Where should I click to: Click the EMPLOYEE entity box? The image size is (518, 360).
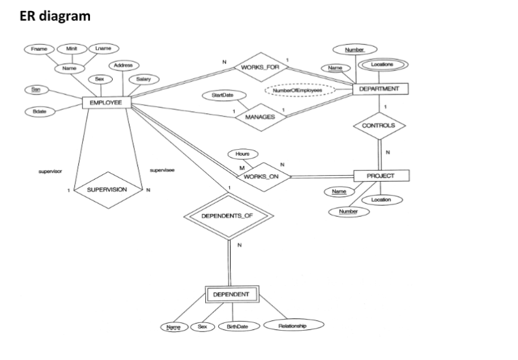(106, 102)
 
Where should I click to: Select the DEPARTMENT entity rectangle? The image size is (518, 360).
(380, 88)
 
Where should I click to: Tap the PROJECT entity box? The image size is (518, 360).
(381, 176)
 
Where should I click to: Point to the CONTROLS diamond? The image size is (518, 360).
(379, 125)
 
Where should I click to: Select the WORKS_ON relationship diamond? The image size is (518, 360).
(260, 176)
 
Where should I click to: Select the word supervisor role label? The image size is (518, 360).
(51, 171)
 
